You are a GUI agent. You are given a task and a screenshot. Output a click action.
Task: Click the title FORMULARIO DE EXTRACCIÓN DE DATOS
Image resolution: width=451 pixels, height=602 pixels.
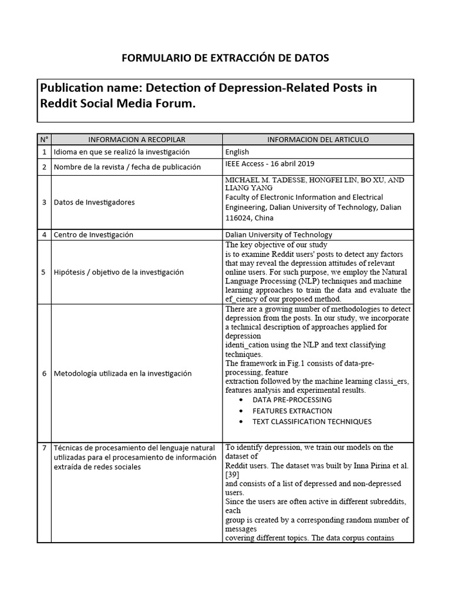point(225,58)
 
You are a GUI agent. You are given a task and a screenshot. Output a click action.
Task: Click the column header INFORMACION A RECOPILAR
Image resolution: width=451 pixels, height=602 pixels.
point(137,139)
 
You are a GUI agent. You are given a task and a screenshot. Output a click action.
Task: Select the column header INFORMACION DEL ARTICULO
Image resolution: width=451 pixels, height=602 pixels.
point(318,139)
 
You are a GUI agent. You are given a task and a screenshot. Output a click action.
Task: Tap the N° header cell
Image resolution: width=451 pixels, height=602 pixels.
point(44,139)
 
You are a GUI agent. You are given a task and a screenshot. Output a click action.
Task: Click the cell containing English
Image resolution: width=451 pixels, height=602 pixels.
point(237,152)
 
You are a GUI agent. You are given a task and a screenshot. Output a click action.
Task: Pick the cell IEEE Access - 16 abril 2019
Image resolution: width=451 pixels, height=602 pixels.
point(273,164)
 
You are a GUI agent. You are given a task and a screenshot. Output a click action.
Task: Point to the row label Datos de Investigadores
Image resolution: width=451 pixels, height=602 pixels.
point(95,202)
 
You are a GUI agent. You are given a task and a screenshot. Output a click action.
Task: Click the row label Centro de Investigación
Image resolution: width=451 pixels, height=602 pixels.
point(93,235)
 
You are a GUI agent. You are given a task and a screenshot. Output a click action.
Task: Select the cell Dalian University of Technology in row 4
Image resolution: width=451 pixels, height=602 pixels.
point(278,235)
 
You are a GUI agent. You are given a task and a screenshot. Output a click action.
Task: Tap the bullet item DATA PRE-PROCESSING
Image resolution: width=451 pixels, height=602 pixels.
point(292,400)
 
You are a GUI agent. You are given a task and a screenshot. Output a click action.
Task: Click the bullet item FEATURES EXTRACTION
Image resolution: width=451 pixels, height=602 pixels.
point(292,411)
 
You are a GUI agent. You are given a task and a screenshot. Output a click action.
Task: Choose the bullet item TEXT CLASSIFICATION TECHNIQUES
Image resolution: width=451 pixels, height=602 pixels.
point(312,422)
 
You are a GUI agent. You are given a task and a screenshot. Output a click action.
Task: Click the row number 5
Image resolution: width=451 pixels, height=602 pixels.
point(44,272)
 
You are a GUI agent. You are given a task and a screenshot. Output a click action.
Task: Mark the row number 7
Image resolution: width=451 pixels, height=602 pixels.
point(44,448)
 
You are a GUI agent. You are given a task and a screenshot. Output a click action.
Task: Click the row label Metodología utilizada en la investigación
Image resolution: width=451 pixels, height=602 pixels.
point(123,373)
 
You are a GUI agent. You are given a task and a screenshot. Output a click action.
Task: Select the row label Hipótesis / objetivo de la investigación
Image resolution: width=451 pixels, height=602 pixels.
point(119,272)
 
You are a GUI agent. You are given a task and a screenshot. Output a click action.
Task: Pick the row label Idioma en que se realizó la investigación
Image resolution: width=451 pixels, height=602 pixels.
point(122,152)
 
